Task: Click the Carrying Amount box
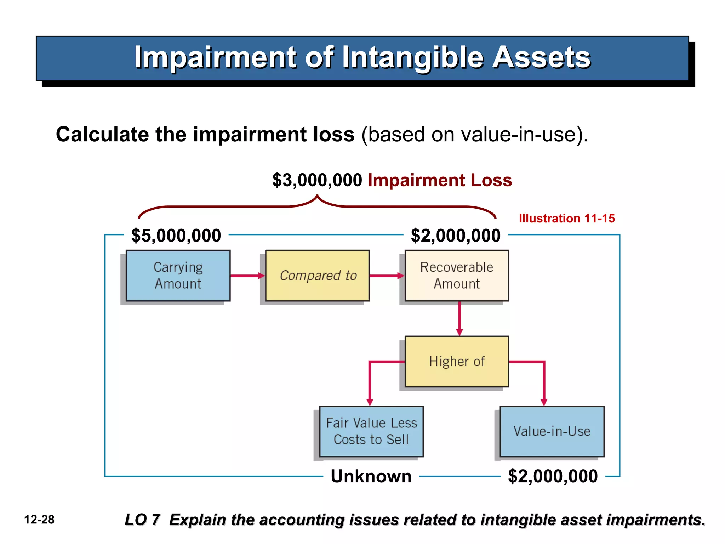(x=178, y=276)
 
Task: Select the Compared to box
(x=318, y=276)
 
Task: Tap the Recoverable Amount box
(x=457, y=276)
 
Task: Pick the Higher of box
(x=457, y=361)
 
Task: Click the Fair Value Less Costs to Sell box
(x=371, y=431)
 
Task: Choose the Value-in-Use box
(x=552, y=431)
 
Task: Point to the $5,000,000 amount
(x=176, y=236)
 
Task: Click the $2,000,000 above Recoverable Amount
(x=456, y=236)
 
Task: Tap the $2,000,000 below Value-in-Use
(x=553, y=476)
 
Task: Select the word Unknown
(x=371, y=476)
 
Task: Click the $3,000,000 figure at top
(x=317, y=180)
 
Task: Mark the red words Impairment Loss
(x=440, y=180)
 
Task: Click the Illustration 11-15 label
(x=567, y=218)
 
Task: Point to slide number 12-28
(x=39, y=520)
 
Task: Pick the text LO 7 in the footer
(x=142, y=520)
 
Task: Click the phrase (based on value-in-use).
(x=474, y=135)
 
